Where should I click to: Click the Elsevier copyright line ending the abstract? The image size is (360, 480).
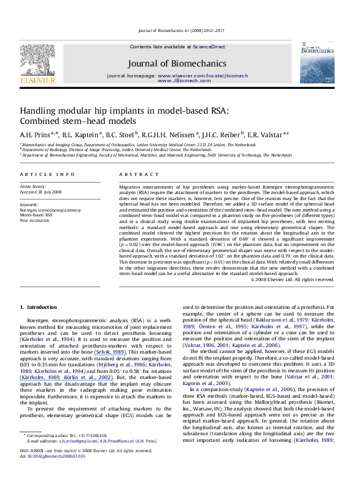pyautogui.click(x=300, y=279)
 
